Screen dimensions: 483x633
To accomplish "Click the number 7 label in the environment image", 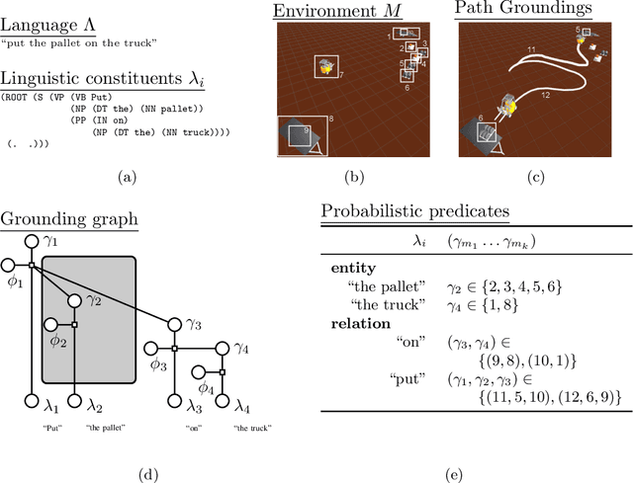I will (341, 74).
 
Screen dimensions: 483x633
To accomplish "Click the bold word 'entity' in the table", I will (352, 269).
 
